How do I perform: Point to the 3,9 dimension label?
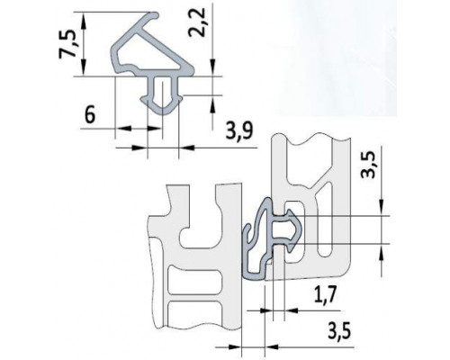tap(236, 131)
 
